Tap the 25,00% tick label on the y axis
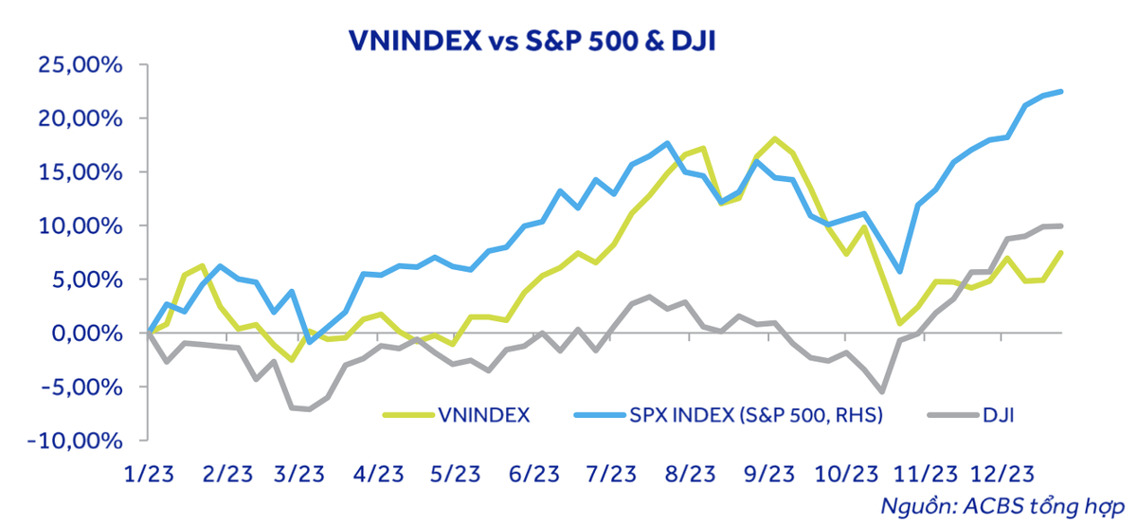pos(81,65)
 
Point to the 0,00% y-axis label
pos(87,334)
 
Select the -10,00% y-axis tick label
pos(77,442)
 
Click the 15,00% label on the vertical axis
pos(81,172)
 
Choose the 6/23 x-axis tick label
pos(534,473)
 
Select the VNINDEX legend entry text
pos(484,414)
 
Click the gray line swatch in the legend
pos(949,414)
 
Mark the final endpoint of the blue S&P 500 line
pos(1061,91)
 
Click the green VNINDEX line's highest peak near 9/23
pos(775,139)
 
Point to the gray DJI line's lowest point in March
pos(309,409)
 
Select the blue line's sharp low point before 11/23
pos(900,272)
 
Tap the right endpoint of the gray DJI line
pos(1061,225)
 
